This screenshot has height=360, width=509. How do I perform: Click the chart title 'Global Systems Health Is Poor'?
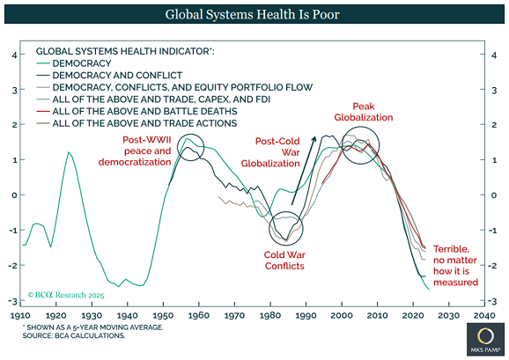click(254, 15)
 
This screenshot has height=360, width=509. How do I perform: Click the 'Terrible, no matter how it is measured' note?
click(456, 266)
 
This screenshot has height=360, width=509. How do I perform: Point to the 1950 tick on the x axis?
click(162, 314)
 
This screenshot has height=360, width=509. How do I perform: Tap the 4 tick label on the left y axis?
click(13, 55)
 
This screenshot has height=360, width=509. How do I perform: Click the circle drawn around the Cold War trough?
click(284, 229)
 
